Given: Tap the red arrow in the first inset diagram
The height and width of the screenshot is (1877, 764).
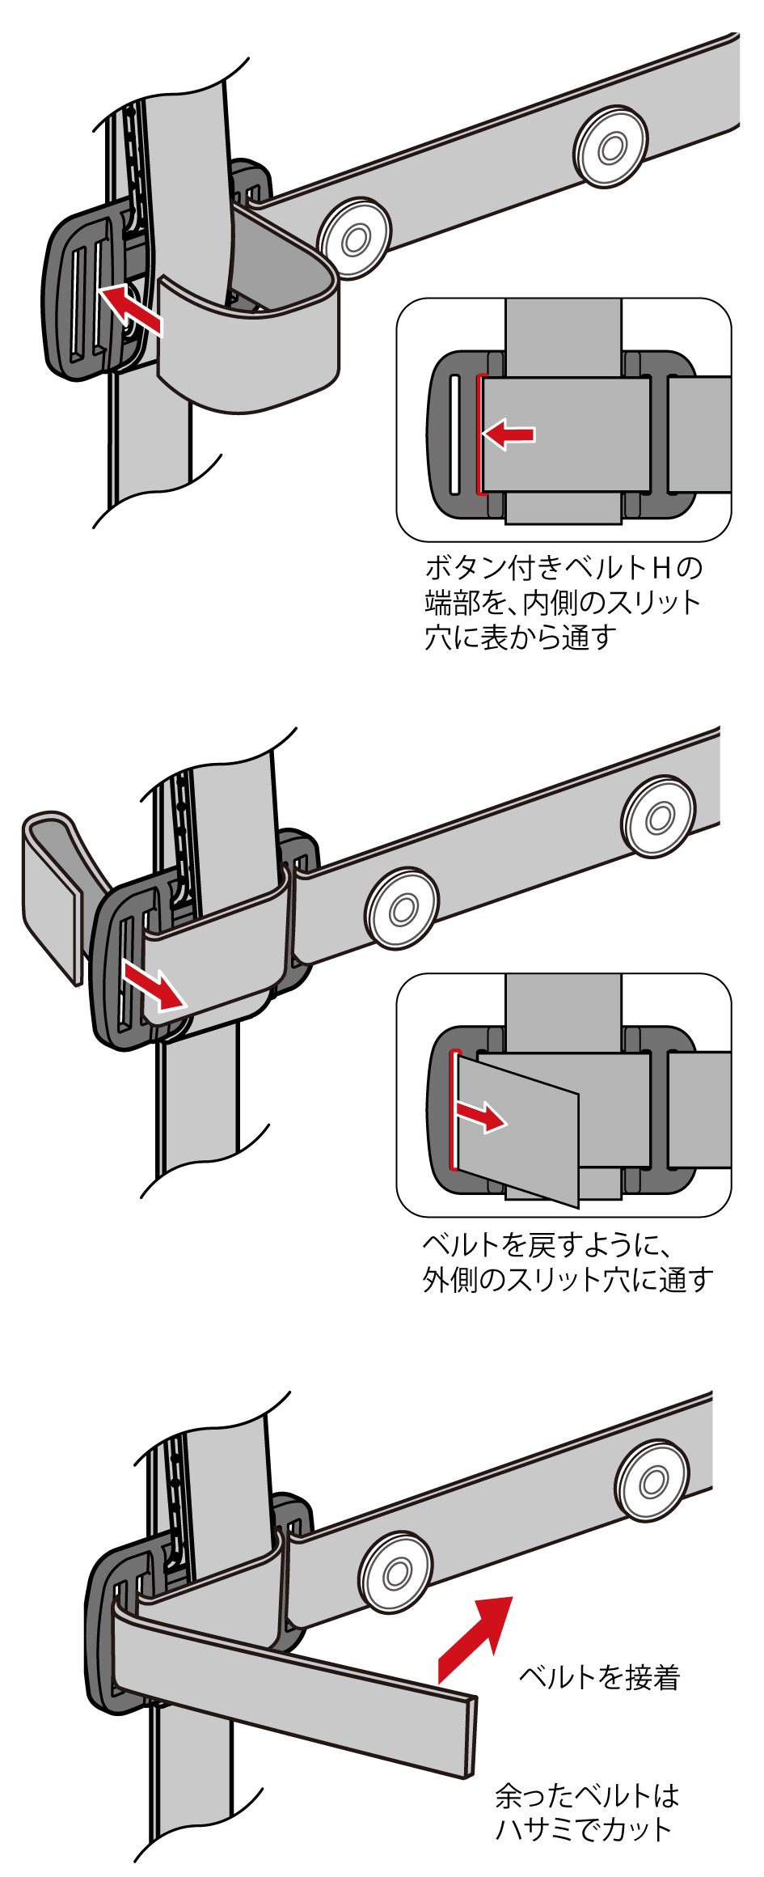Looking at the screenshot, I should [x=509, y=434].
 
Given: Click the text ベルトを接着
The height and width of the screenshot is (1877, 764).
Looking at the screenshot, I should [x=599, y=1677].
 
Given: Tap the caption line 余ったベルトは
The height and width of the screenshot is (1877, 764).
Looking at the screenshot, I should [x=586, y=1796].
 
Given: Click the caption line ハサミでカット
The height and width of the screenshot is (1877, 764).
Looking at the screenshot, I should [x=583, y=1829].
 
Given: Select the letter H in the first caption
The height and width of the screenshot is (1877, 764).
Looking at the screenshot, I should [x=662, y=568].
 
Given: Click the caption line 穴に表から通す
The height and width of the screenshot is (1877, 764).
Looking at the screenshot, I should [x=521, y=638].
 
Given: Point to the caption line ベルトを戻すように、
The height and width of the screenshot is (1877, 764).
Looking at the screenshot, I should [x=547, y=1244].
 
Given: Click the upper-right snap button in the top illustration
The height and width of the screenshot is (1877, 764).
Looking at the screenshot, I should [x=610, y=147].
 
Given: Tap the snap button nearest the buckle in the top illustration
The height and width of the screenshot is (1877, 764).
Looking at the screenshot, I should [x=354, y=239].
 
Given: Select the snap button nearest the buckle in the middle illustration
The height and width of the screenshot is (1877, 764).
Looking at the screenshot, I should [x=401, y=909].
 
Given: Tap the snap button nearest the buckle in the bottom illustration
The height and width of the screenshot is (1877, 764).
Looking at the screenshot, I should [x=395, y=1574].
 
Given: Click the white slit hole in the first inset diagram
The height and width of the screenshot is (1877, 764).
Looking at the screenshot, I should [x=454, y=434].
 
